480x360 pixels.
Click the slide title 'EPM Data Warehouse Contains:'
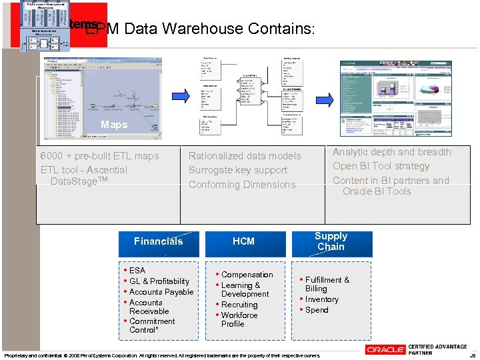(200, 29)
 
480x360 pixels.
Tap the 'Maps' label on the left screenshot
(114, 125)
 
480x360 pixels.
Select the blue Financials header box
(158, 242)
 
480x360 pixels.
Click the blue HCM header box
(243, 242)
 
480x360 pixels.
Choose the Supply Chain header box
(331, 242)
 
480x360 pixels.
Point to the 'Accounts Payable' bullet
(161, 292)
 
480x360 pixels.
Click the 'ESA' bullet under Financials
(137, 271)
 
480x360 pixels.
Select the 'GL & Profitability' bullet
(159, 281)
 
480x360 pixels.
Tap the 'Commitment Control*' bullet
(152, 325)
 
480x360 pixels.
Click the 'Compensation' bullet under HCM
(247, 275)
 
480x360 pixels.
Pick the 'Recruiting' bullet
(239, 305)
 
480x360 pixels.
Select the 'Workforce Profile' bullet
(239, 319)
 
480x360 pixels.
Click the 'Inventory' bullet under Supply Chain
(322, 299)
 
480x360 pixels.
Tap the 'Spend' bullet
(317, 310)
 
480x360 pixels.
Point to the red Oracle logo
(385, 349)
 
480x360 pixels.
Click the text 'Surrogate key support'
(238, 170)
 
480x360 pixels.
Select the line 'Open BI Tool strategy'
(381, 166)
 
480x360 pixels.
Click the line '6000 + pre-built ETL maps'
(100, 156)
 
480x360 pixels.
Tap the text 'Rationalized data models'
(245, 156)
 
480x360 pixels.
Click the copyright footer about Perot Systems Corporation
(162, 355)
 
